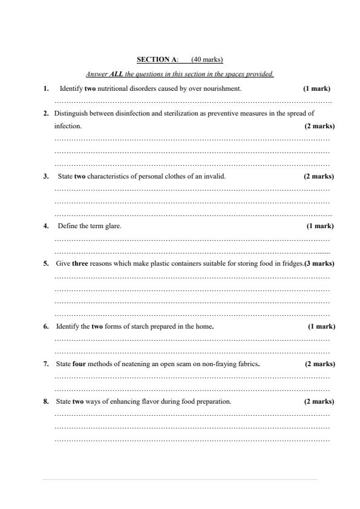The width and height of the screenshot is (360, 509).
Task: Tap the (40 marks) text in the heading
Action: click(x=207, y=59)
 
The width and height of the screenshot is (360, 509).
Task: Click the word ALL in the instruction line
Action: click(x=117, y=74)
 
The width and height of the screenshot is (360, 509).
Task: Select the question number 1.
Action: click(x=46, y=88)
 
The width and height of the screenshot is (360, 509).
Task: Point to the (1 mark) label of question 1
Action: click(x=316, y=88)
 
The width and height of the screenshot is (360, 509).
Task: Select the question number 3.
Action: click(x=46, y=177)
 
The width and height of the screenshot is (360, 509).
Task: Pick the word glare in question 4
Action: click(x=113, y=226)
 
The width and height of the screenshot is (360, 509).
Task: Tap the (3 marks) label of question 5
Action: click(x=319, y=264)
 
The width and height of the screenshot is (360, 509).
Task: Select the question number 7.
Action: click(x=46, y=364)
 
